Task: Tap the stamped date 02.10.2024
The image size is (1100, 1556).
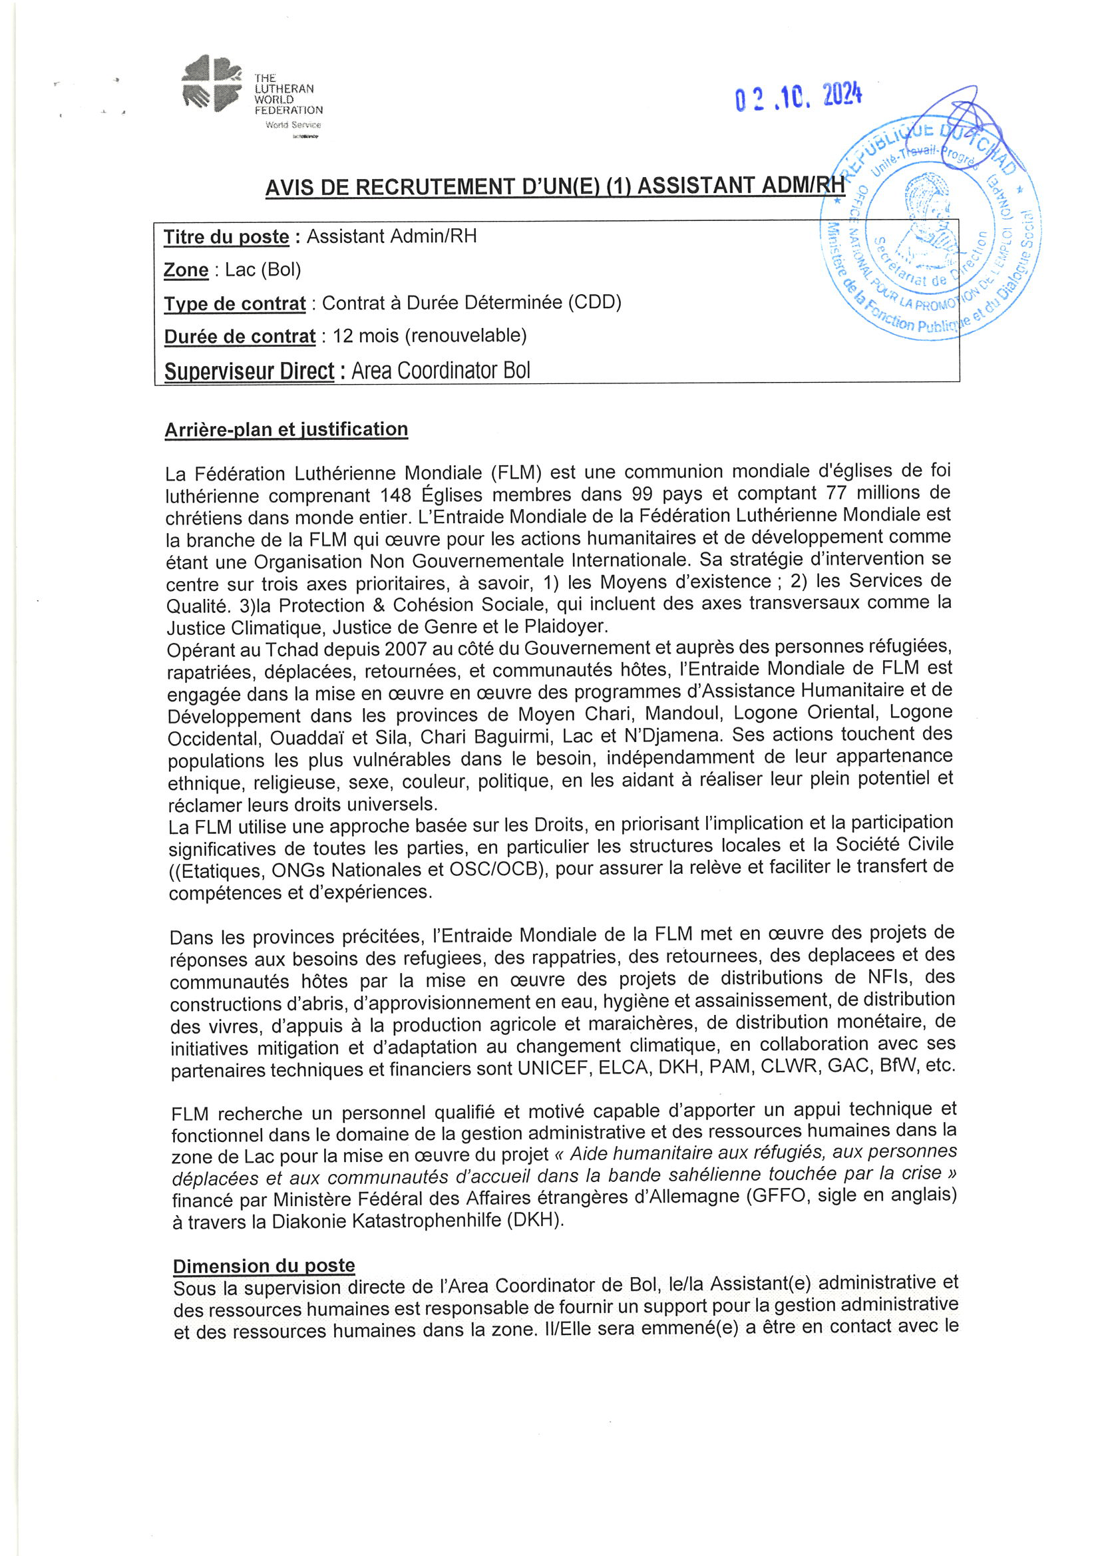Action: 798,98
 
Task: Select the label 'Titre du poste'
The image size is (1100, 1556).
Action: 226,237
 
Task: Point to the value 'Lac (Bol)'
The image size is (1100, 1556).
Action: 263,270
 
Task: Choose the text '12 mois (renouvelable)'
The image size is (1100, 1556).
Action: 429,335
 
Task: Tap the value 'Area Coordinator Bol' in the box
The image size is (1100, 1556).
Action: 441,371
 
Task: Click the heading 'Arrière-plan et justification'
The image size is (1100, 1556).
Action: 286,430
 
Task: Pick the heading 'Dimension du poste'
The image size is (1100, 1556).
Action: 264,1266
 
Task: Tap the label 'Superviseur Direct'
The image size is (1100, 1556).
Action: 249,371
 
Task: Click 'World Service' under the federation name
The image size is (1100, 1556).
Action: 293,124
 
